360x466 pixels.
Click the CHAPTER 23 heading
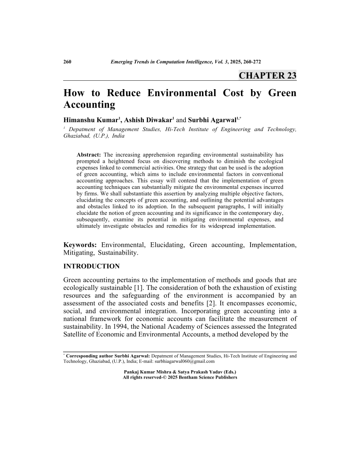coord(267,75)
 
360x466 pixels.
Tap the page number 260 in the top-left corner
coord(68,61)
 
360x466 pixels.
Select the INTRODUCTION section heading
coord(92,266)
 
